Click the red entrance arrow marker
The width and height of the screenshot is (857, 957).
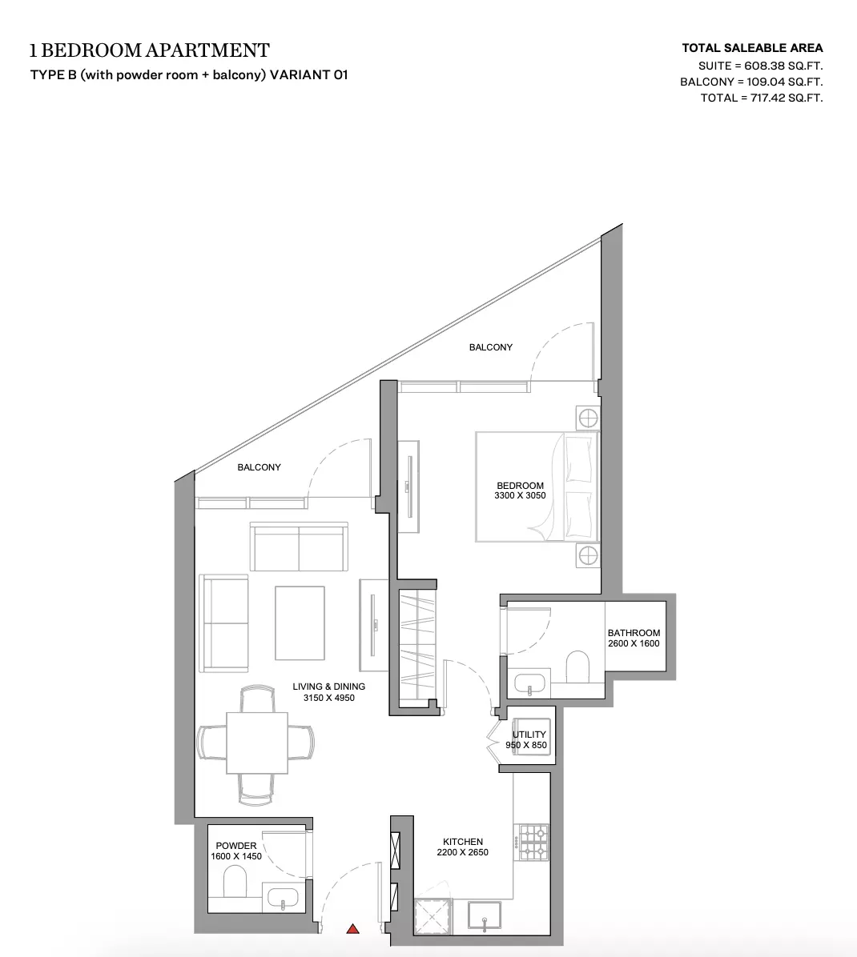(353, 929)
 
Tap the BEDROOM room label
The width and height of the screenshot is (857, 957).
(520, 486)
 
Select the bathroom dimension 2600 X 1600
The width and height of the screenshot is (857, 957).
(634, 643)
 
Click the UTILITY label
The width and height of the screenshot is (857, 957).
(529, 735)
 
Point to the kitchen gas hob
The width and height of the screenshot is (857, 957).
(534, 843)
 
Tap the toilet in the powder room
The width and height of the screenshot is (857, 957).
(235, 883)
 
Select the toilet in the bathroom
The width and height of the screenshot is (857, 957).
(577, 667)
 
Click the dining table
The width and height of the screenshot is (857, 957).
(256, 743)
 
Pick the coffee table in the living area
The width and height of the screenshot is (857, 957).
(300, 623)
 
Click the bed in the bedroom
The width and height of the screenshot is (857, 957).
(537, 487)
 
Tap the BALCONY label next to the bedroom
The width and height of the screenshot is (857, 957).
(490, 347)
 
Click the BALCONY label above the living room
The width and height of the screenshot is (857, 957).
(259, 467)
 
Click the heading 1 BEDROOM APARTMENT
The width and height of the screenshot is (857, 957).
(150, 50)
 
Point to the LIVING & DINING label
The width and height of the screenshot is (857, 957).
(328, 687)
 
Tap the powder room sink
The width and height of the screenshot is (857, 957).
(283, 899)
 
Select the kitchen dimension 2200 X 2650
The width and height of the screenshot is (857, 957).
(462, 853)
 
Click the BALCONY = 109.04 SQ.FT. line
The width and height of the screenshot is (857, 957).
(751, 82)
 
